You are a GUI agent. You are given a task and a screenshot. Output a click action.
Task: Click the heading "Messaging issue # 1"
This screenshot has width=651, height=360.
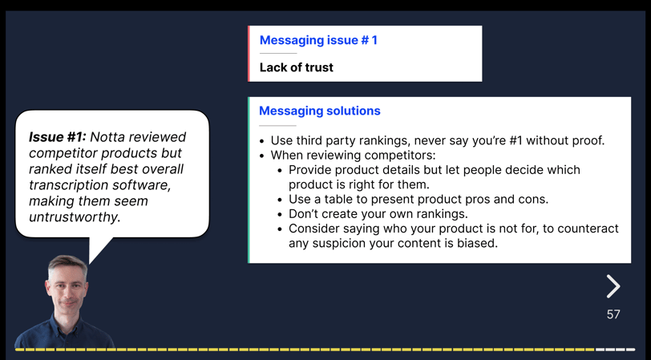click(x=318, y=40)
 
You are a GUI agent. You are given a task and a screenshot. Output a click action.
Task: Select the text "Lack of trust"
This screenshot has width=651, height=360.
click(x=297, y=67)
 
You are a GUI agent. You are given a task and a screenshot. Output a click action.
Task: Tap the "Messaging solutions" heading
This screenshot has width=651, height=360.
click(x=320, y=111)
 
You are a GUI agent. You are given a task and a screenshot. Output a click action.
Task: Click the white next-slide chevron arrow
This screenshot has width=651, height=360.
click(x=613, y=286)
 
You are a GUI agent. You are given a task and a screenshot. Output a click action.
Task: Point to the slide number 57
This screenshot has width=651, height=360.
click(x=613, y=314)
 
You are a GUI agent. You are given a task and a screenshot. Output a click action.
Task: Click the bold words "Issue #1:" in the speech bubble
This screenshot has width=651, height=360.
click(x=57, y=136)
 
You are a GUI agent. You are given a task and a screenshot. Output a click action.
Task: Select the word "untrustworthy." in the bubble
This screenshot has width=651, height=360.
click(x=75, y=216)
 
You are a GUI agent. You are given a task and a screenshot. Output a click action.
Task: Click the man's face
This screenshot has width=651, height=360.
click(x=67, y=286)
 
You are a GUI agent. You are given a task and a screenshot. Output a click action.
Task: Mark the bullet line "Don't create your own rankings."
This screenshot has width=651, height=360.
click(x=378, y=214)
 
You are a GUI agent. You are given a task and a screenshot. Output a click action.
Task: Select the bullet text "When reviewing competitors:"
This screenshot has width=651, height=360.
click(x=354, y=156)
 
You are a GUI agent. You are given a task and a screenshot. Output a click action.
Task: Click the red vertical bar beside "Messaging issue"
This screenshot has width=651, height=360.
click(x=249, y=54)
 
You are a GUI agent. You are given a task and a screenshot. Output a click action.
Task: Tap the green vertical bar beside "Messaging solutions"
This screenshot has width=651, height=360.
click(x=249, y=180)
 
